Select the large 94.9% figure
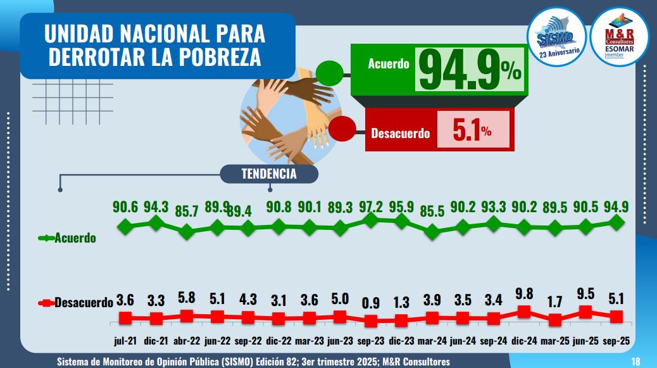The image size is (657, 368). click(468, 71)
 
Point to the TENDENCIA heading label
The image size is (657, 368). click(269, 174)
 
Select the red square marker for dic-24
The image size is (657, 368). click(525, 311)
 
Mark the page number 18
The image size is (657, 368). click(636, 361)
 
